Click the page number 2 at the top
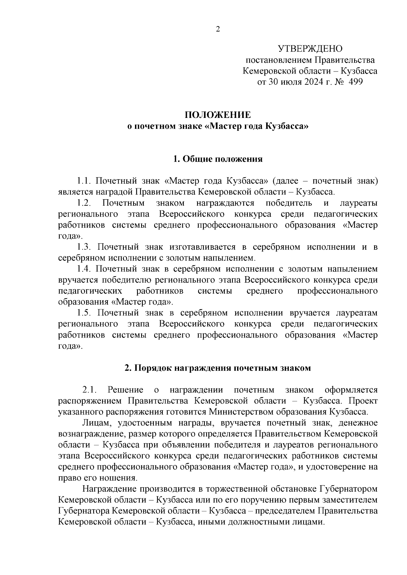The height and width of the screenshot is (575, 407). click(x=218, y=29)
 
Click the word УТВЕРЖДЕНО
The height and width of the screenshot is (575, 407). click(x=310, y=49)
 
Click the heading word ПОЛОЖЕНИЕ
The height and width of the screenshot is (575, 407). click(x=218, y=115)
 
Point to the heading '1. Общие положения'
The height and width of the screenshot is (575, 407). click(x=218, y=159)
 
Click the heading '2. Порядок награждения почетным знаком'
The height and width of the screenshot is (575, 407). click(x=218, y=368)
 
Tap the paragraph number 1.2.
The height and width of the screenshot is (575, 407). click(x=84, y=203)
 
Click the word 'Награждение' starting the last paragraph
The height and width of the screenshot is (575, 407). click(x=109, y=489)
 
